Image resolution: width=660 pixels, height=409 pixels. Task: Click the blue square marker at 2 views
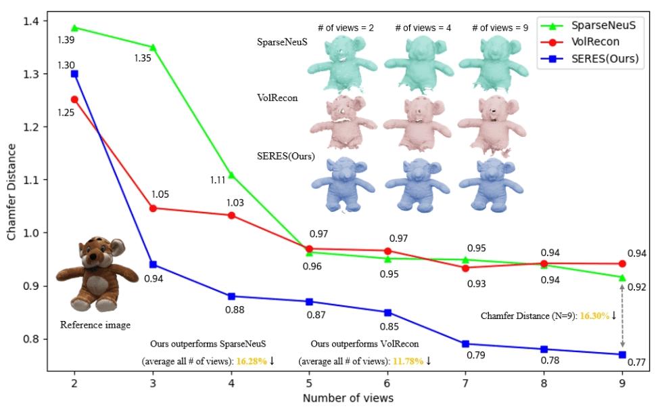pos(74,74)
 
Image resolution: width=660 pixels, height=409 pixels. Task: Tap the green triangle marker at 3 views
pos(153,47)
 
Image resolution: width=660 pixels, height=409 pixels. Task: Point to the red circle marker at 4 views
pos(231,215)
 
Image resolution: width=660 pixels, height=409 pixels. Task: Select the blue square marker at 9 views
pos(622,354)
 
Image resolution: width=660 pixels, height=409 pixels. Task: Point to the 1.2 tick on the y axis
pos(34,127)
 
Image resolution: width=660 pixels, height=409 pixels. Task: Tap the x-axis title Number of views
pos(348,397)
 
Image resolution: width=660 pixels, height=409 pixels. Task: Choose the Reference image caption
pos(95,325)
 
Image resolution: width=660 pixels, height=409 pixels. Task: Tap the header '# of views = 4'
pos(423,28)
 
